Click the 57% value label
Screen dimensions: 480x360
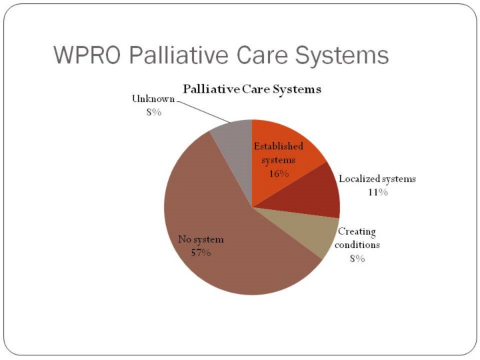(x=201, y=253)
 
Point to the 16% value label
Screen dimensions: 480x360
(x=279, y=174)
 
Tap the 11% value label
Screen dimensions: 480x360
(x=378, y=192)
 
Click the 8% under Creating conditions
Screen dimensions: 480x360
(x=357, y=259)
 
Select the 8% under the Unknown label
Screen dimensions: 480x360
(x=154, y=113)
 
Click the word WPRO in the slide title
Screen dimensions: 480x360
(x=87, y=55)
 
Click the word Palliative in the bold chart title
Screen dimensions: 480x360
(x=211, y=89)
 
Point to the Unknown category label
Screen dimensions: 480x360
(x=153, y=99)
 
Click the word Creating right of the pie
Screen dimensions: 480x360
(x=357, y=232)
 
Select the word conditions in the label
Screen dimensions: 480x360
(x=357, y=245)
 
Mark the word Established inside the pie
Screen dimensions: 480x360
(x=278, y=146)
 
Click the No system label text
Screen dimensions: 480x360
(x=201, y=239)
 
